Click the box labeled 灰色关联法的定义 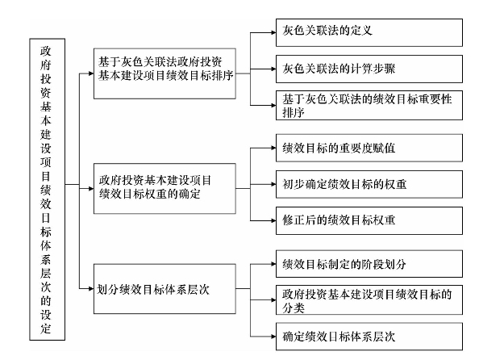tap(369, 32)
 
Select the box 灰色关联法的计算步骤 tap(369, 69)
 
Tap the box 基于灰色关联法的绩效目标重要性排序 tap(369, 105)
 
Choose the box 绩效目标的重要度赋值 tap(369, 148)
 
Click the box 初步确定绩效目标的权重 tap(369, 184)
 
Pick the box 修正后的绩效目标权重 tap(369, 220)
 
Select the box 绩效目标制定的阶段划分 tap(369, 264)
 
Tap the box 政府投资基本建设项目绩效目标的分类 tap(369, 299)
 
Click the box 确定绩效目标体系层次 tap(369, 337)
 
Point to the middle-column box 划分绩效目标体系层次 tap(165, 289)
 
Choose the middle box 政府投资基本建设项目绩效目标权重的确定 tap(165, 188)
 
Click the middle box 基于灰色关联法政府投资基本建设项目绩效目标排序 tap(165, 73)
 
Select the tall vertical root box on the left tap(48, 190)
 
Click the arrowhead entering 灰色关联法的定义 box tap(273, 32)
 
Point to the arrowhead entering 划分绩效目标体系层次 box tap(91, 289)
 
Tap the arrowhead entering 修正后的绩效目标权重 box tap(273, 220)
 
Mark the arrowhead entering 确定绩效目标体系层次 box tap(273, 337)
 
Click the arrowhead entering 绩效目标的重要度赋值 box tap(273, 148)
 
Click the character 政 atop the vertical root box tap(45, 51)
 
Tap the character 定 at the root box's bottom tap(45, 329)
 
